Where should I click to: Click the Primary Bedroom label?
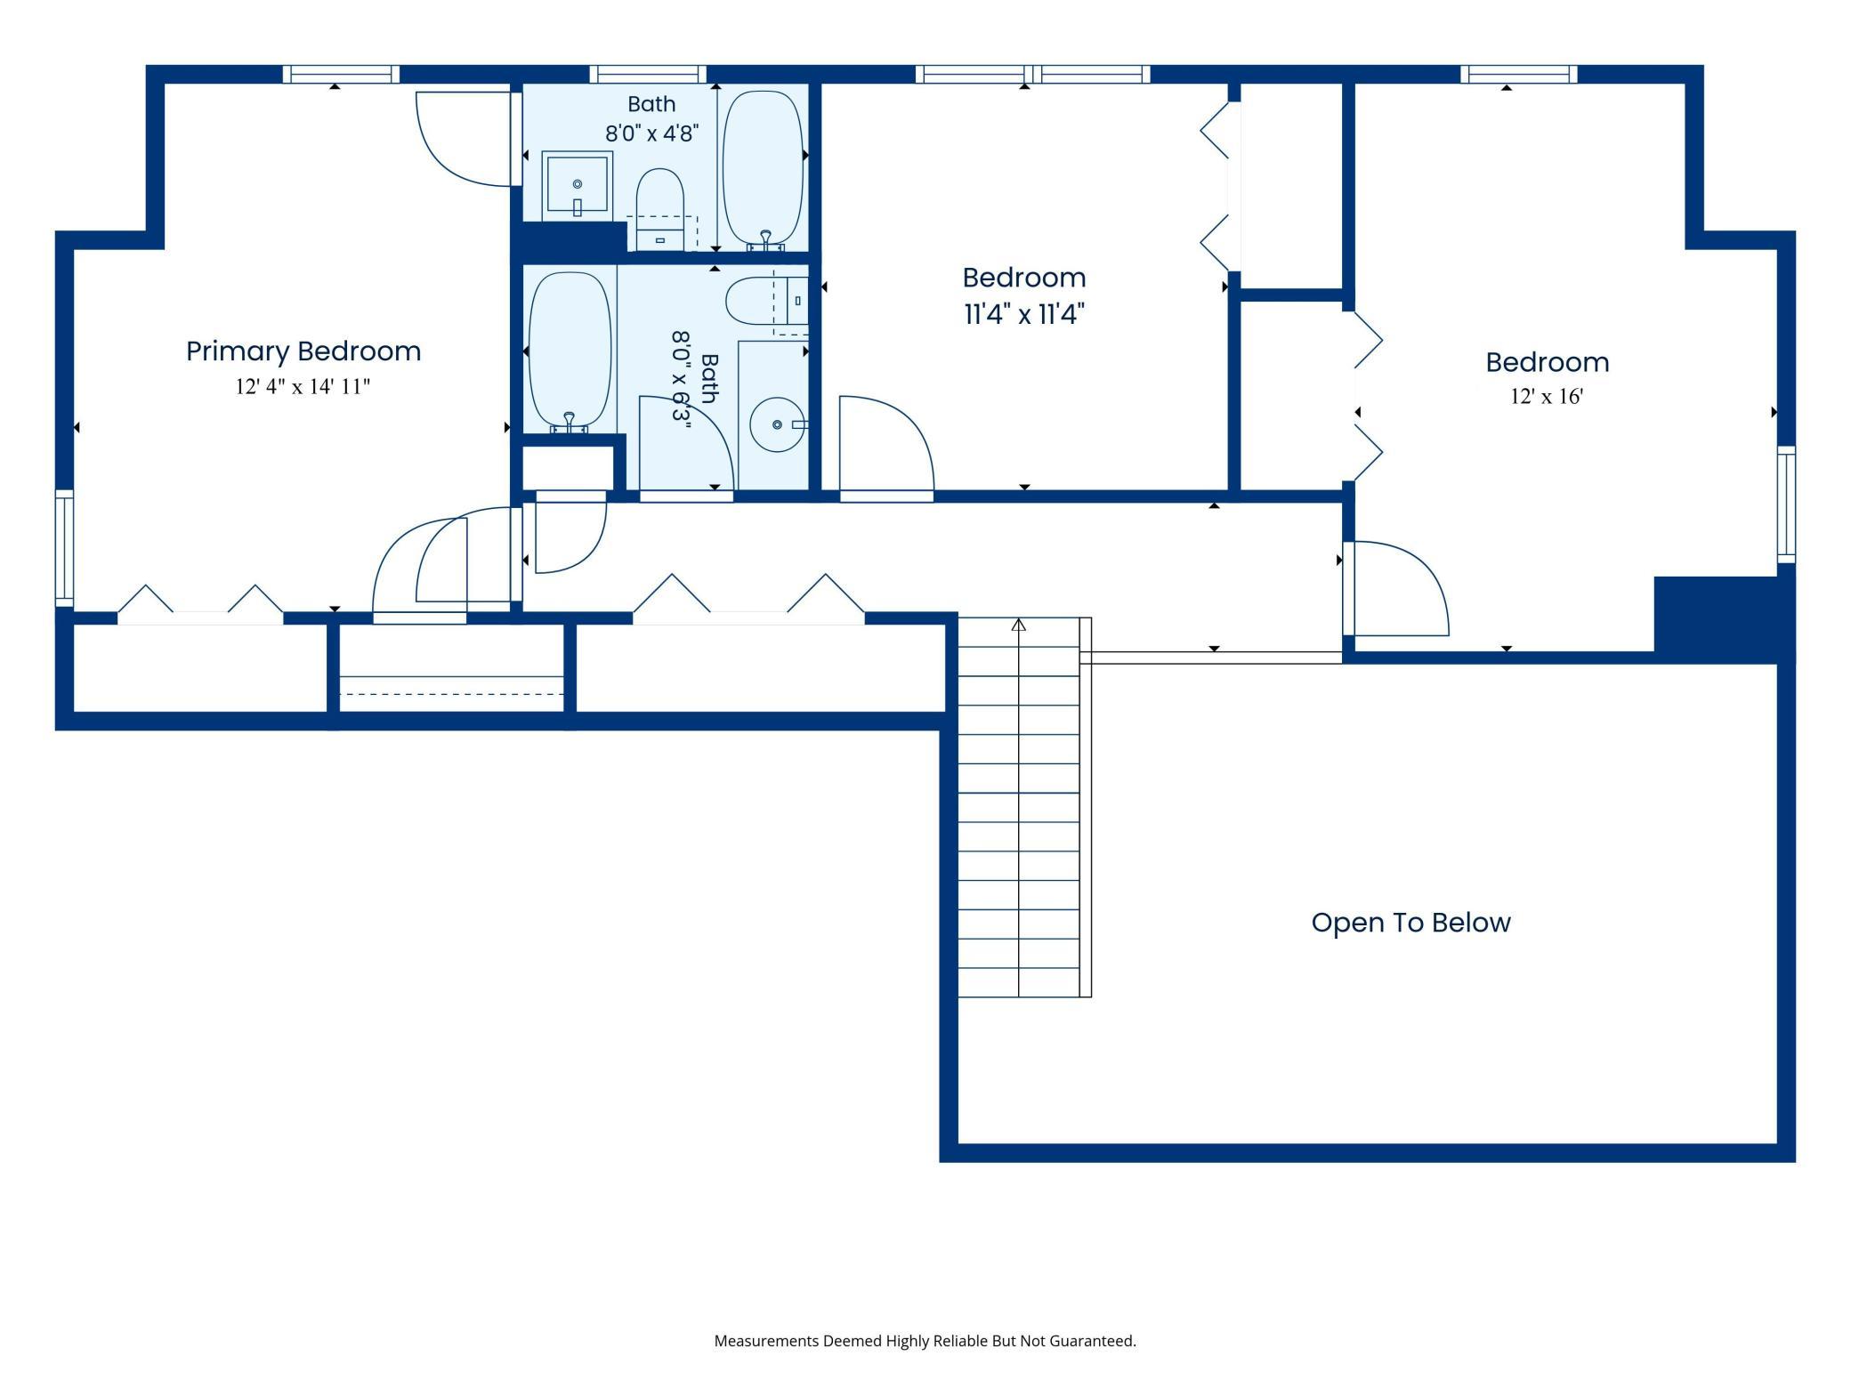point(303,351)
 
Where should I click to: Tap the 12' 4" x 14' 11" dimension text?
point(303,387)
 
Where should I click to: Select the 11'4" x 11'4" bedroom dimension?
point(1024,314)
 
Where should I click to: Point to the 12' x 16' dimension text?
point(1547,397)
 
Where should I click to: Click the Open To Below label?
point(1410,923)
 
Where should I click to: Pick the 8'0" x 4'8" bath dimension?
point(651,133)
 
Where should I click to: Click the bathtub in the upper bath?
point(764,169)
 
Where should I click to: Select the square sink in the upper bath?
point(577,186)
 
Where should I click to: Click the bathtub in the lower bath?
point(570,352)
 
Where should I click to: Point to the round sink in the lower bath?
point(778,424)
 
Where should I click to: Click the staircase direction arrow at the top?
point(1019,625)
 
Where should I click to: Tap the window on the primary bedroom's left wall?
point(64,548)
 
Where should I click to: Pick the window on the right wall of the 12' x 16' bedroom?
point(1787,504)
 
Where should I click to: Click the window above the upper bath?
point(648,74)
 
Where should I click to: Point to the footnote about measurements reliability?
point(925,1341)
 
